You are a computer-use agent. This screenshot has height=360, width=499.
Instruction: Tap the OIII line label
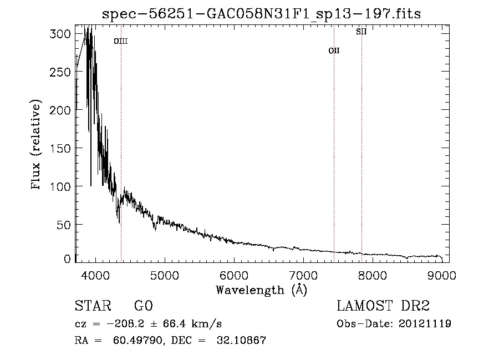coord(121,41)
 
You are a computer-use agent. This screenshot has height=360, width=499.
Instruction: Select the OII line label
coord(334,50)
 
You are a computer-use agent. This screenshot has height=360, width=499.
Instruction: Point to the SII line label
coord(361,32)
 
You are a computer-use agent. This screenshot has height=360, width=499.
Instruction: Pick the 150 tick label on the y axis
coord(62,149)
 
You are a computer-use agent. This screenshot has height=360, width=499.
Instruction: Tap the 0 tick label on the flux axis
coord(67,259)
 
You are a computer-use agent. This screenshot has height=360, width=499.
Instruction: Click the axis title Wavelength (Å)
coord(261,290)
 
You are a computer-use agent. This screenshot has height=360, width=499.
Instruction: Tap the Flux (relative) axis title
coord(37,145)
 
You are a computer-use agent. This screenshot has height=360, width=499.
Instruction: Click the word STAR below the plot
coord(93,307)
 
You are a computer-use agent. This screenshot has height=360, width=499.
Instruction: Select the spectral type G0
coord(143,307)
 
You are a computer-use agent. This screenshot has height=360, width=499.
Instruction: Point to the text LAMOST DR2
coord(383,307)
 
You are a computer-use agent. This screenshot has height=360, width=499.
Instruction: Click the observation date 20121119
coord(424,324)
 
